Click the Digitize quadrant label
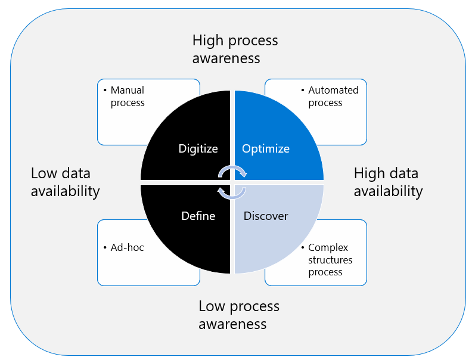pyautogui.click(x=198, y=148)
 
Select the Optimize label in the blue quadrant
pyautogui.click(x=266, y=148)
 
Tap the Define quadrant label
pyautogui.click(x=198, y=216)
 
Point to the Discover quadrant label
pyautogui.click(x=266, y=216)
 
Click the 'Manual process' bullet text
pyautogui.click(x=128, y=97)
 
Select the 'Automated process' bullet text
pyautogui.click(x=333, y=97)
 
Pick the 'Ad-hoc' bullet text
pyautogui.click(x=127, y=247)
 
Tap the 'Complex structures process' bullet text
pyautogui.click(x=330, y=260)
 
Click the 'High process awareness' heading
pyautogui.click(x=235, y=49)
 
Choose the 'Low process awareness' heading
pyautogui.click(x=238, y=315)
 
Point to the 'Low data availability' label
pyautogui.click(x=65, y=182)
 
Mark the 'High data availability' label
pyautogui.click(x=388, y=182)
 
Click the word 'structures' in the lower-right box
pyautogui.click(x=330, y=260)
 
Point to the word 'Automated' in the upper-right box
pyautogui.click(x=333, y=91)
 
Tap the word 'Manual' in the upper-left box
pyautogui.click(x=128, y=91)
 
